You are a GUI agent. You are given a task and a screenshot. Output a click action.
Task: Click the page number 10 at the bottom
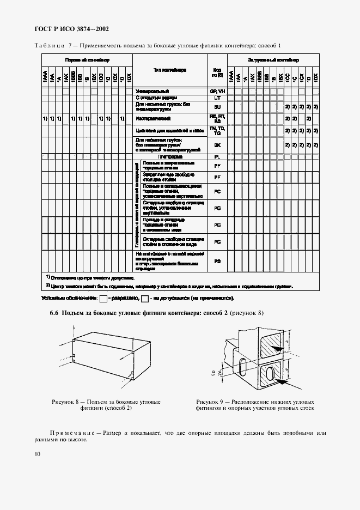37,453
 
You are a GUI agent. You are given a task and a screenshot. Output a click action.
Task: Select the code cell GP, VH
217,91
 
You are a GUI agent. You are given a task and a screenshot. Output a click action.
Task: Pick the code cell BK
217,145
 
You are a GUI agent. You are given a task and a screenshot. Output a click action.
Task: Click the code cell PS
217,261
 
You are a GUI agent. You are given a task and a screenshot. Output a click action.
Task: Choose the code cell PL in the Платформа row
217,156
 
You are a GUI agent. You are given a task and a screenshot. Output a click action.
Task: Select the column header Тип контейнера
170,70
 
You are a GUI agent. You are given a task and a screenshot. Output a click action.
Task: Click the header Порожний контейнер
87,59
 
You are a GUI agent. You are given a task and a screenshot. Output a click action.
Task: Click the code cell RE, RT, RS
217,118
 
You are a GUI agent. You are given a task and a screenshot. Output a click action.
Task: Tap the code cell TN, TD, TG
217,131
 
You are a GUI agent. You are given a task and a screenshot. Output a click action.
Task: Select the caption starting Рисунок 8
106,405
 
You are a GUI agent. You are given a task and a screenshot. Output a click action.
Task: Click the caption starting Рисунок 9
255,405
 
